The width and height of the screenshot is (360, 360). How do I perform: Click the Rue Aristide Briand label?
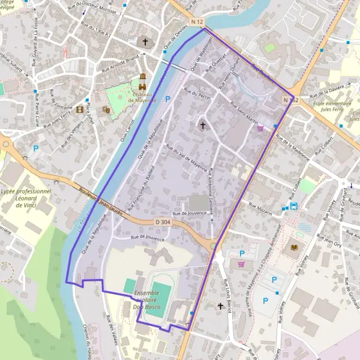click(x=121, y=62)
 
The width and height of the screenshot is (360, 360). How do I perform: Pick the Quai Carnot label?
click(x=127, y=130)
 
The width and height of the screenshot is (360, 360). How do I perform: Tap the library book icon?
click(x=293, y=247)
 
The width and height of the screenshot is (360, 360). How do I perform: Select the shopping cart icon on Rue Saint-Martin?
click(x=260, y=128)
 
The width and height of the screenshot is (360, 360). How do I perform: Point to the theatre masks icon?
click(x=106, y=110)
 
